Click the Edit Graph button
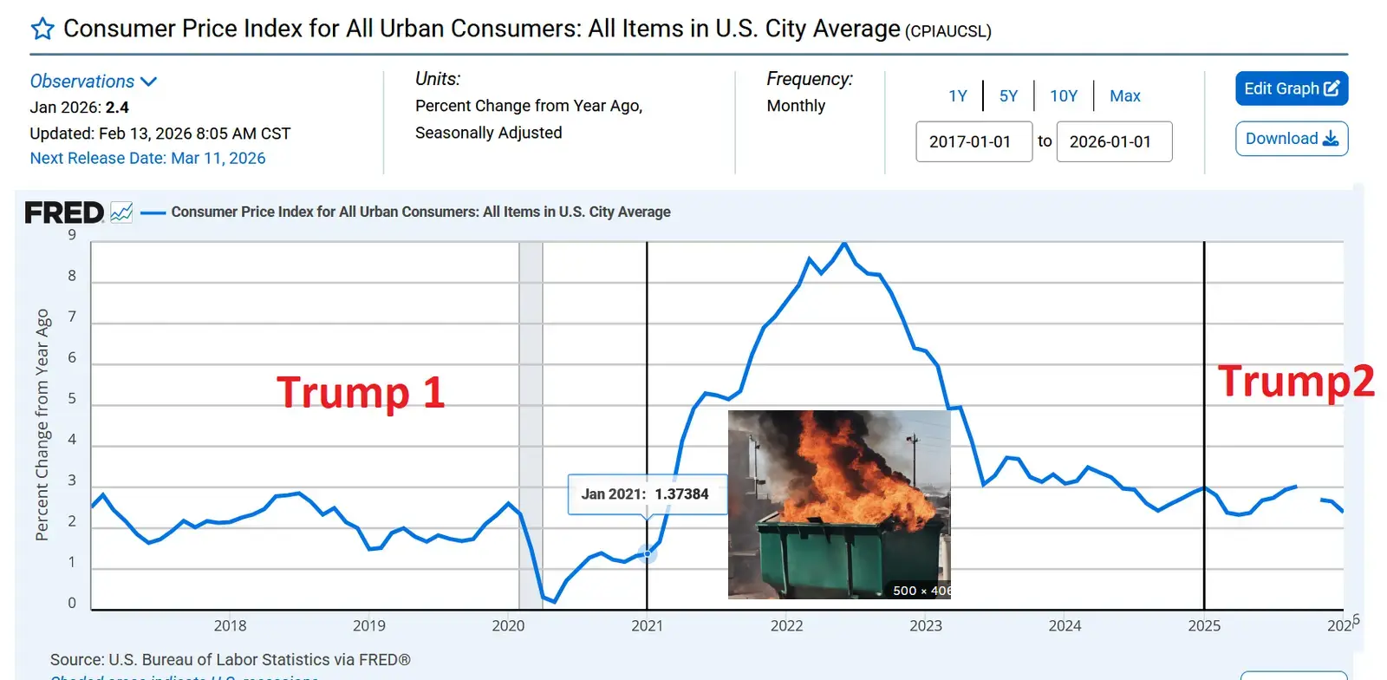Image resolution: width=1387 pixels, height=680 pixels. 1291,88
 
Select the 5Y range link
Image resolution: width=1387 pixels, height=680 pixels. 1008,96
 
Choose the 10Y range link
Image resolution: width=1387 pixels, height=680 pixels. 1064,96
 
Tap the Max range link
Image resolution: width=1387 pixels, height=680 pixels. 1124,96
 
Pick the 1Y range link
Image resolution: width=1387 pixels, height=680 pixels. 957,96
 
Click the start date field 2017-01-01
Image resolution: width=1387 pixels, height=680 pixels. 974,141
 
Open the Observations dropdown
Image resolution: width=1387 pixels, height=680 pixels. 93,82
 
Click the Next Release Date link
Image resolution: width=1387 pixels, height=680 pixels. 147,158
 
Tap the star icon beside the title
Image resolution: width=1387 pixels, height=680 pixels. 42,29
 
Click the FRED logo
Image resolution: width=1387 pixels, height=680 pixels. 64,212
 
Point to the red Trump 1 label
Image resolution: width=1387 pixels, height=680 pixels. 361,392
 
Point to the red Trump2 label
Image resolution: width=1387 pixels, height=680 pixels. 1295,382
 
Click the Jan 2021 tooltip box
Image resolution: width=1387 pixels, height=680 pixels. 646,494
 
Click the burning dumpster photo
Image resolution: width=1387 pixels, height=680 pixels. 839,504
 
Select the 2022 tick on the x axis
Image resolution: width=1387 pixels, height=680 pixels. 786,625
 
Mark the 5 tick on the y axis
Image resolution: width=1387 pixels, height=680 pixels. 72,399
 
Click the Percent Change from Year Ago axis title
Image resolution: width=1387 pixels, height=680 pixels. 42,425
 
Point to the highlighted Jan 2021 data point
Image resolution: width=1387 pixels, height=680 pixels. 647,553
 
